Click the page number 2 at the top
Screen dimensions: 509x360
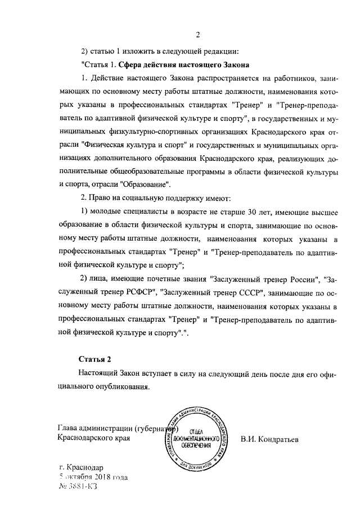(198, 35)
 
